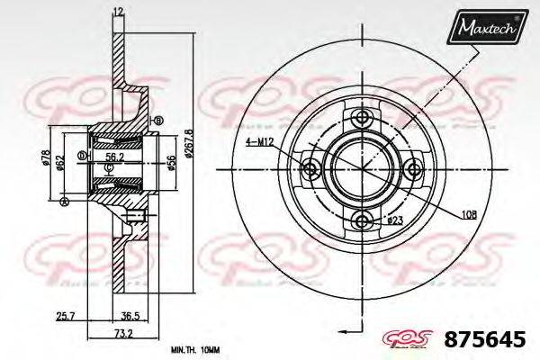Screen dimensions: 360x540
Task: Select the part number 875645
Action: click(486, 341)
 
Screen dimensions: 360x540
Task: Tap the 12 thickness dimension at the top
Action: click(118, 11)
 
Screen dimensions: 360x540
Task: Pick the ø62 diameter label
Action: click(59, 163)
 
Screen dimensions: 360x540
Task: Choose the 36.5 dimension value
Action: click(131, 316)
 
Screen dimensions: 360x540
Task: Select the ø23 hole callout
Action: click(394, 219)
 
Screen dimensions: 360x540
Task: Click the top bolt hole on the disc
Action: click(363, 119)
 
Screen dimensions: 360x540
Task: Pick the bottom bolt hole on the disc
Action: click(363, 220)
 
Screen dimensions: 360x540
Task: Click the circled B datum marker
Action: click(158, 121)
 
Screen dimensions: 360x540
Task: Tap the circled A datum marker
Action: click(64, 202)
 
